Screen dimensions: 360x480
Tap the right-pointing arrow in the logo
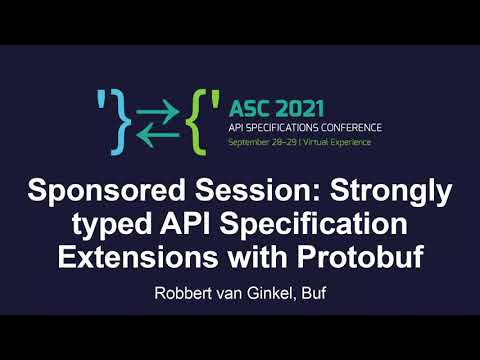tap(164, 108)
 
